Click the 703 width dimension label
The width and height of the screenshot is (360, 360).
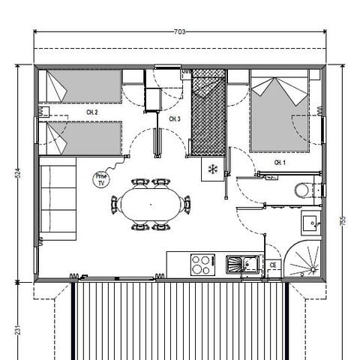180,32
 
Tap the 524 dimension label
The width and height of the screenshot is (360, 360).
17,173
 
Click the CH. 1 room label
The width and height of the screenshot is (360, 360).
279,162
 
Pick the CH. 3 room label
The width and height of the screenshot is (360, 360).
175,119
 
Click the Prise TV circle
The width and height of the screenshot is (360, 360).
100,179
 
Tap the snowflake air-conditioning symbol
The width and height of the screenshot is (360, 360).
212,169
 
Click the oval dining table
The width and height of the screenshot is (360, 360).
151,203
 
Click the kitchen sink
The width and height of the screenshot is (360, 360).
241,263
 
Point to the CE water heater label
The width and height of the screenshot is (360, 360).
274,265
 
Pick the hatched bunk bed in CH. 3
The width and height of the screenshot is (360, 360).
208,112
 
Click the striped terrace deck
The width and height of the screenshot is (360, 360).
180,319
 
